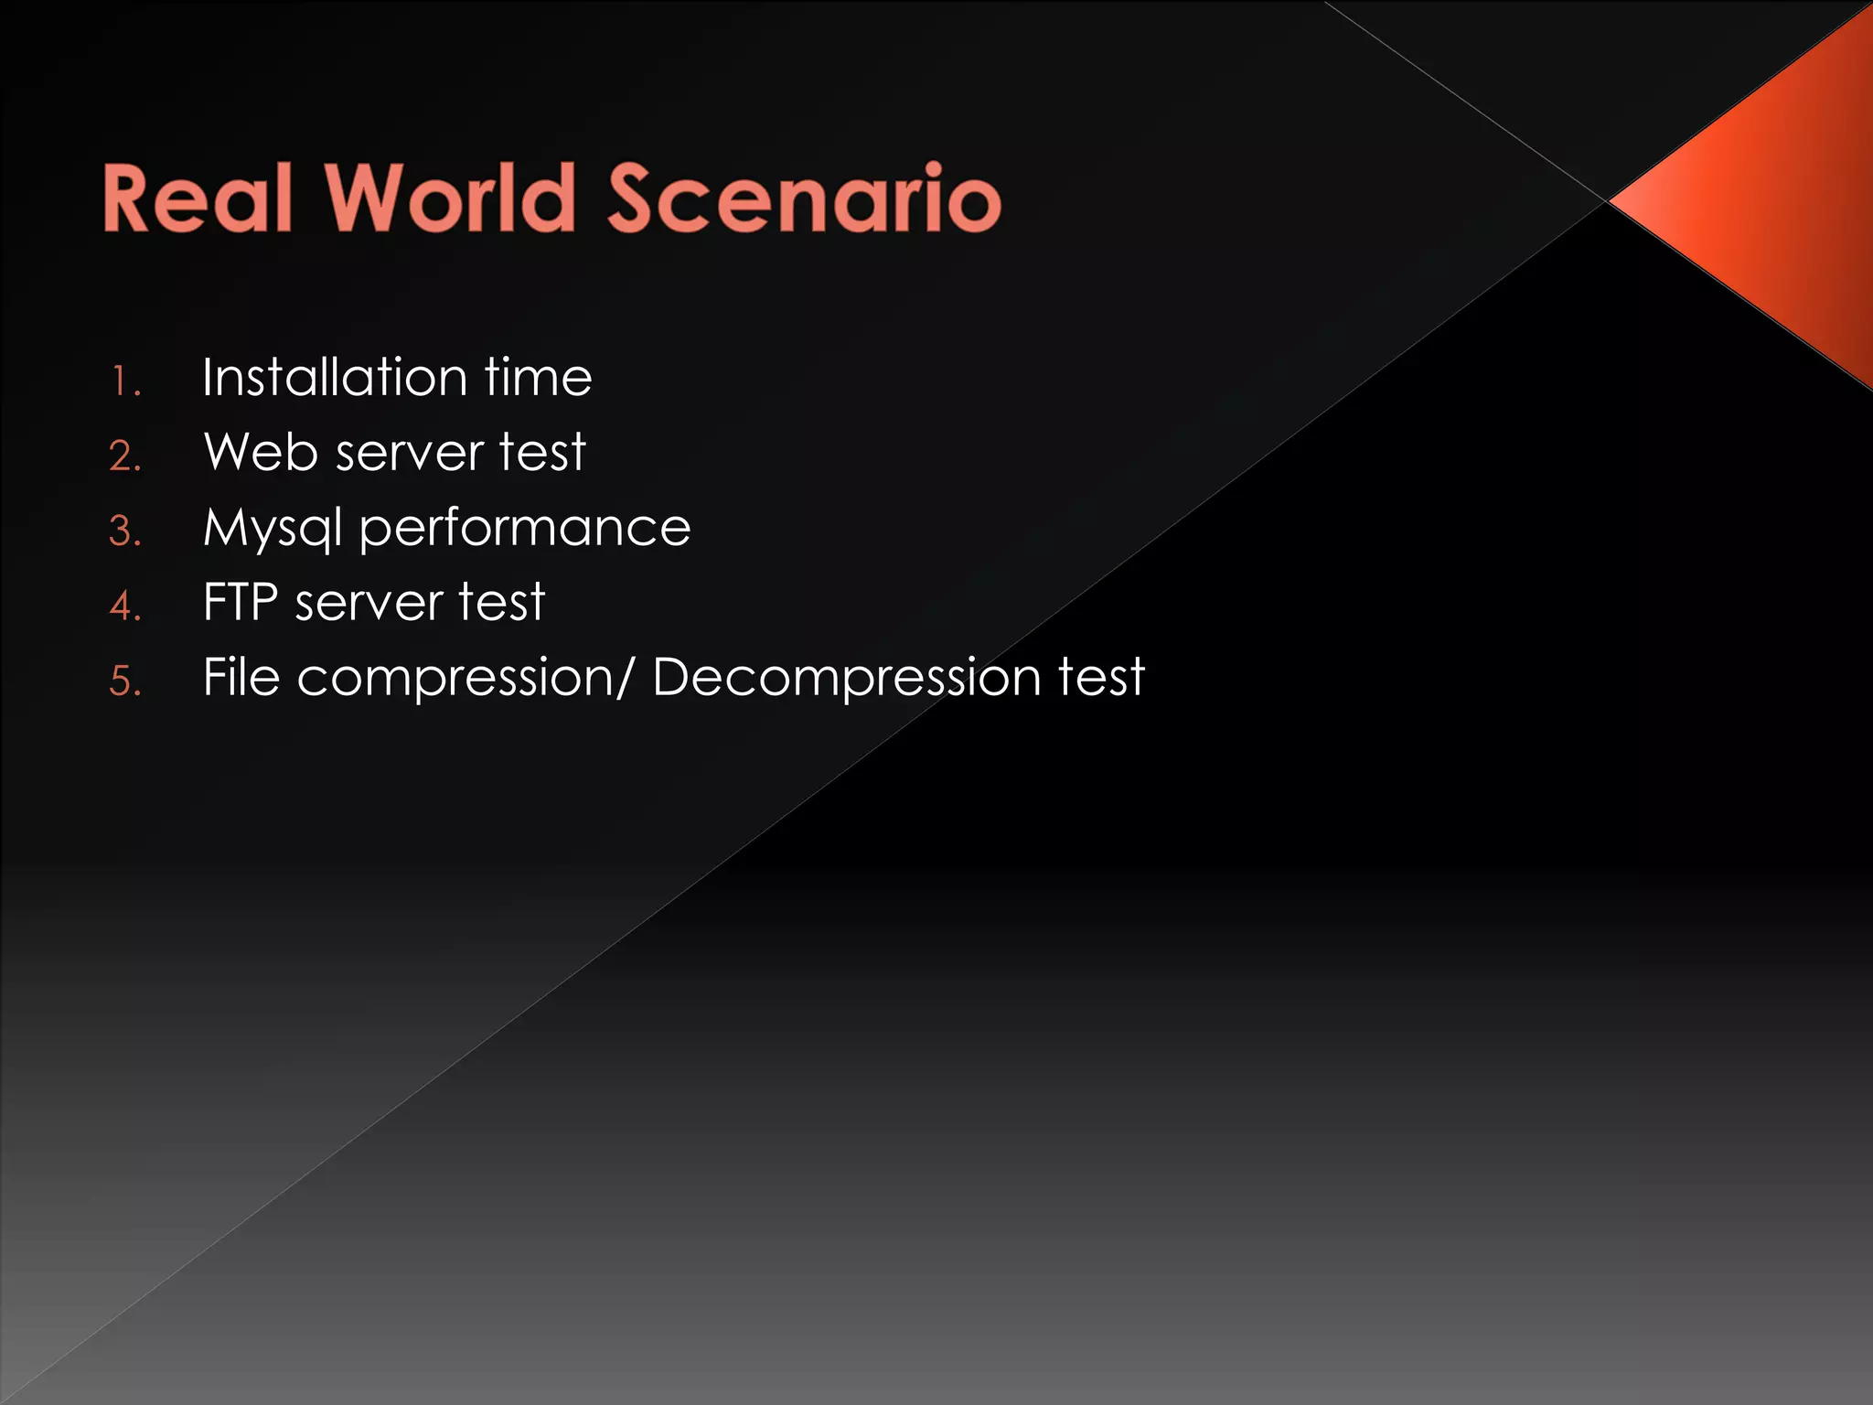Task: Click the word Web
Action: click(x=261, y=452)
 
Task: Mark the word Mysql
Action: click(x=273, y=529)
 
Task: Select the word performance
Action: click(x=525, y=529)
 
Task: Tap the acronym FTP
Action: click(x=240, y=602)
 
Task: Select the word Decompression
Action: click(x=847, y=679)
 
